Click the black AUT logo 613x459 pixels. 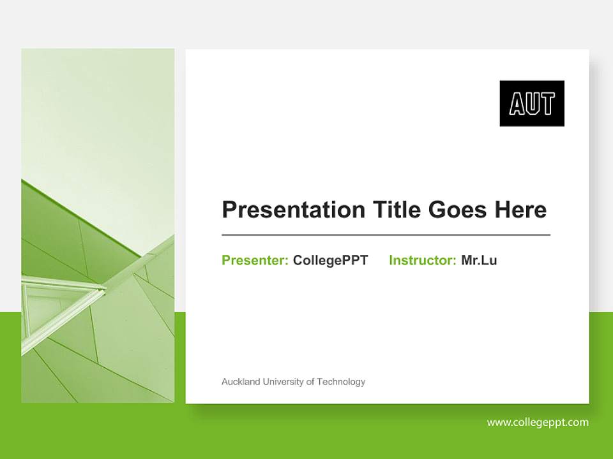click(531, 103)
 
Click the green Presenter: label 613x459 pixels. click(255, 260)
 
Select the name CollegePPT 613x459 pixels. click(330, 260)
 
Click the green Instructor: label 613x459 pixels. click(422, 260)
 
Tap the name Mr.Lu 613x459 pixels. click(479, 260)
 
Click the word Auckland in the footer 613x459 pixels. click(241, 382)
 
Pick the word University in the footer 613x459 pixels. click(284, 382)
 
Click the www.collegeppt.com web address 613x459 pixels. click(538, 422)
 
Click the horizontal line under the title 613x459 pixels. click(386, 235)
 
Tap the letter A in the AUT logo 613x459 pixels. click(517, 104)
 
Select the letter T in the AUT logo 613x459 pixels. click(547, 104)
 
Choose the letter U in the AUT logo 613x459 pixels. click(532, 104)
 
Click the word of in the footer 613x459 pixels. click(310, 382)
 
